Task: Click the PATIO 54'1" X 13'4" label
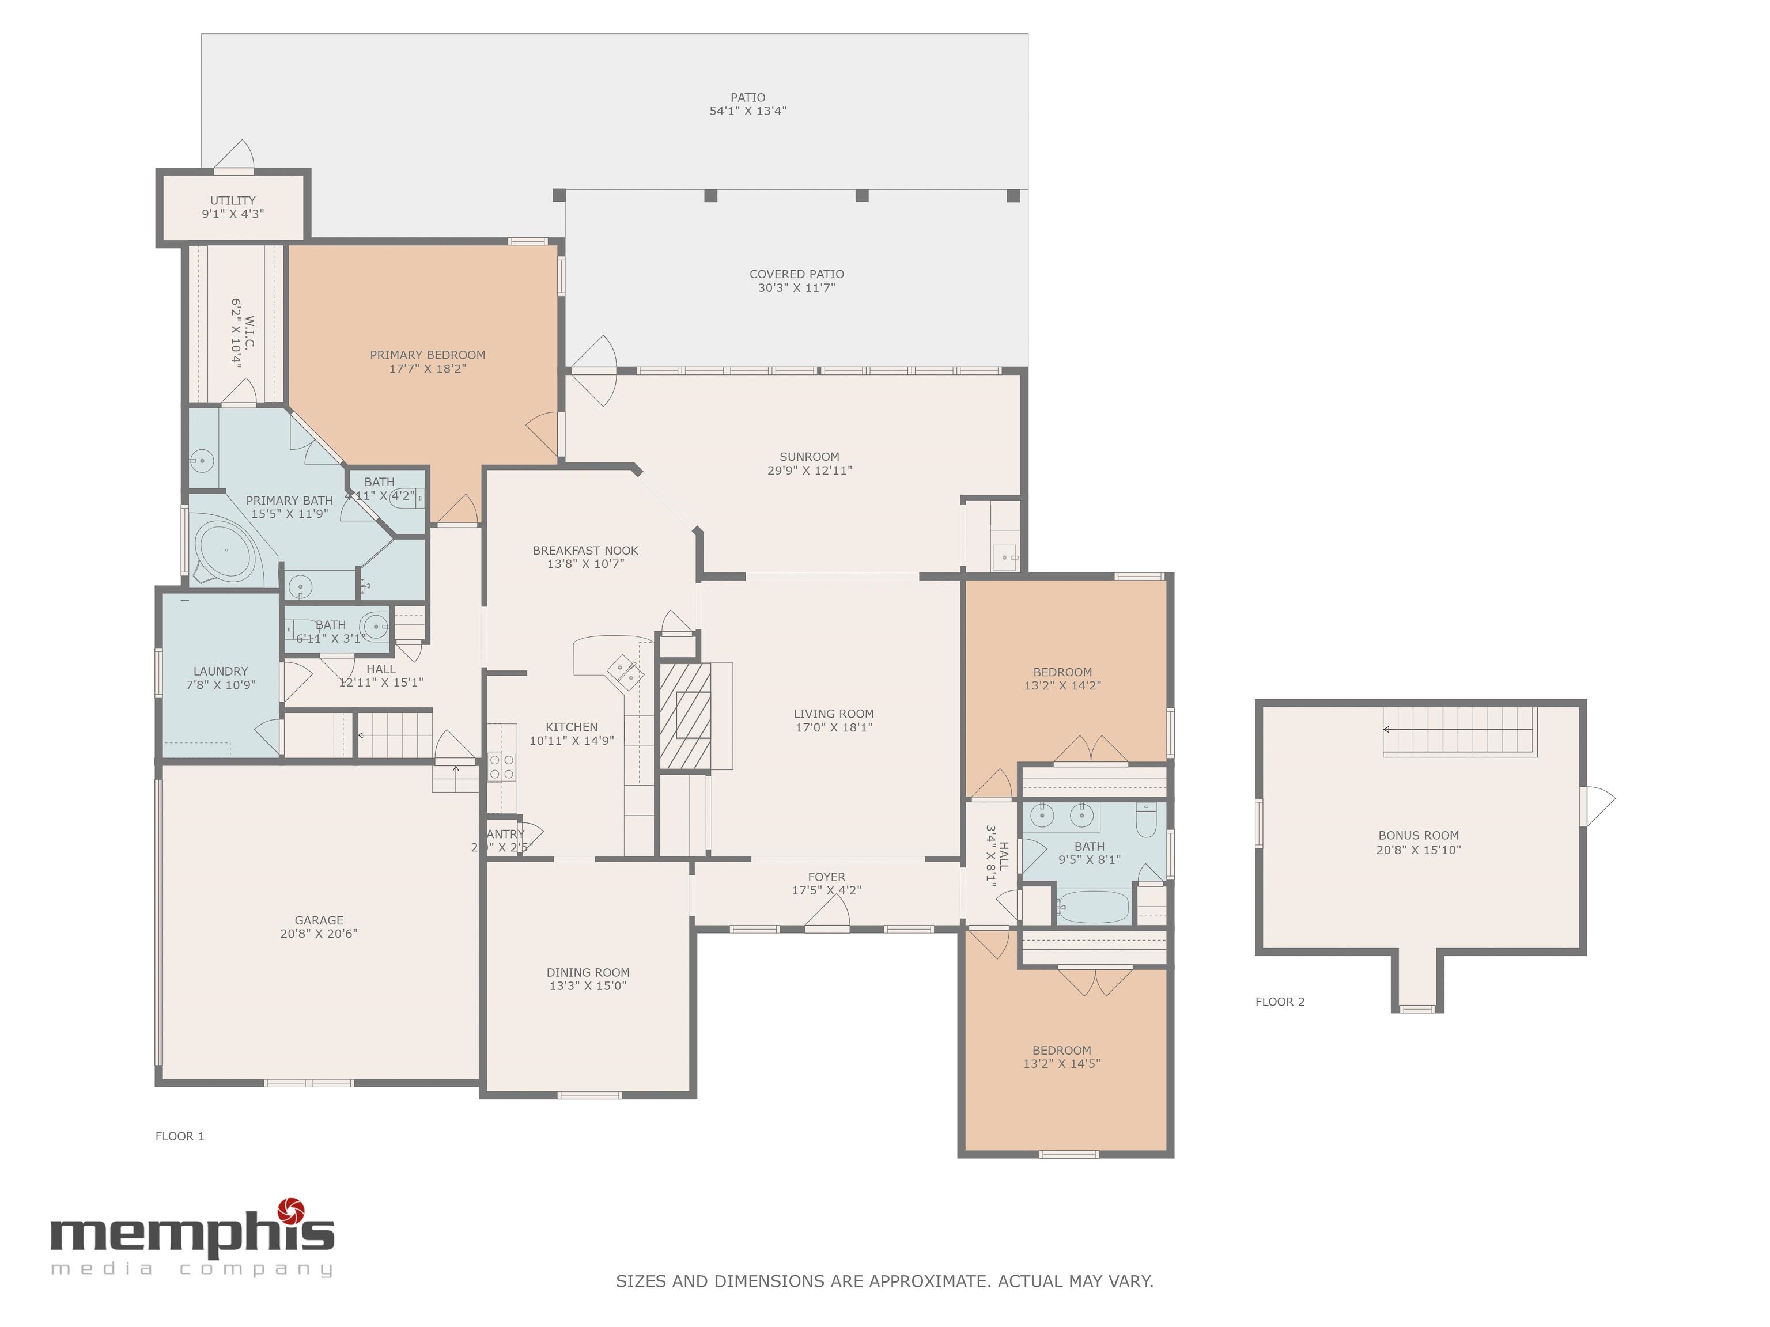click(747, 104)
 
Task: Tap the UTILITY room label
click(233, 201)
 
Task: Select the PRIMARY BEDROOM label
click(428, 355)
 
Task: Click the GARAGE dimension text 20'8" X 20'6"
click(319, 934)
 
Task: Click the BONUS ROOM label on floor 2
click(1418, 835)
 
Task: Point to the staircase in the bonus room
click(1459, 730)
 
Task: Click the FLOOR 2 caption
click(1280, 1002)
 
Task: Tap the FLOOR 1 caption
click(180, 1136)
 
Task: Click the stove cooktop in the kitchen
click(502, 766)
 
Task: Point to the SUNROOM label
click(809, 457)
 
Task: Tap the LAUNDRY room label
click(220, 671)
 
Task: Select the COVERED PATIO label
click(796, 274)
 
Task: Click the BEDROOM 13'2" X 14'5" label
click(1061, 1050)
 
